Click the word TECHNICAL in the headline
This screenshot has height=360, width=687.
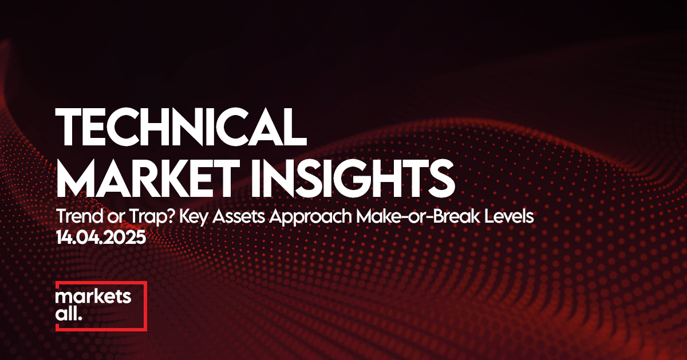(x=181, y=126)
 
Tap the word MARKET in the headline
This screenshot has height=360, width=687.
(x=148, y=178)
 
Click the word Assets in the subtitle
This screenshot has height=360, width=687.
(x=239, y=216)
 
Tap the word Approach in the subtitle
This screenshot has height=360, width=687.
(x=310, y=217)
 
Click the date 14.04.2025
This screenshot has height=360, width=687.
(x=101, y=238)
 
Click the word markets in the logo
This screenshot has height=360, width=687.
(x=93, y=296)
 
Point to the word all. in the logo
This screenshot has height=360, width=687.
(x=69, y=314)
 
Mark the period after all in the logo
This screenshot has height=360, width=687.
(x=80, y=319)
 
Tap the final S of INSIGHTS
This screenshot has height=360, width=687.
(x=441, y=178)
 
